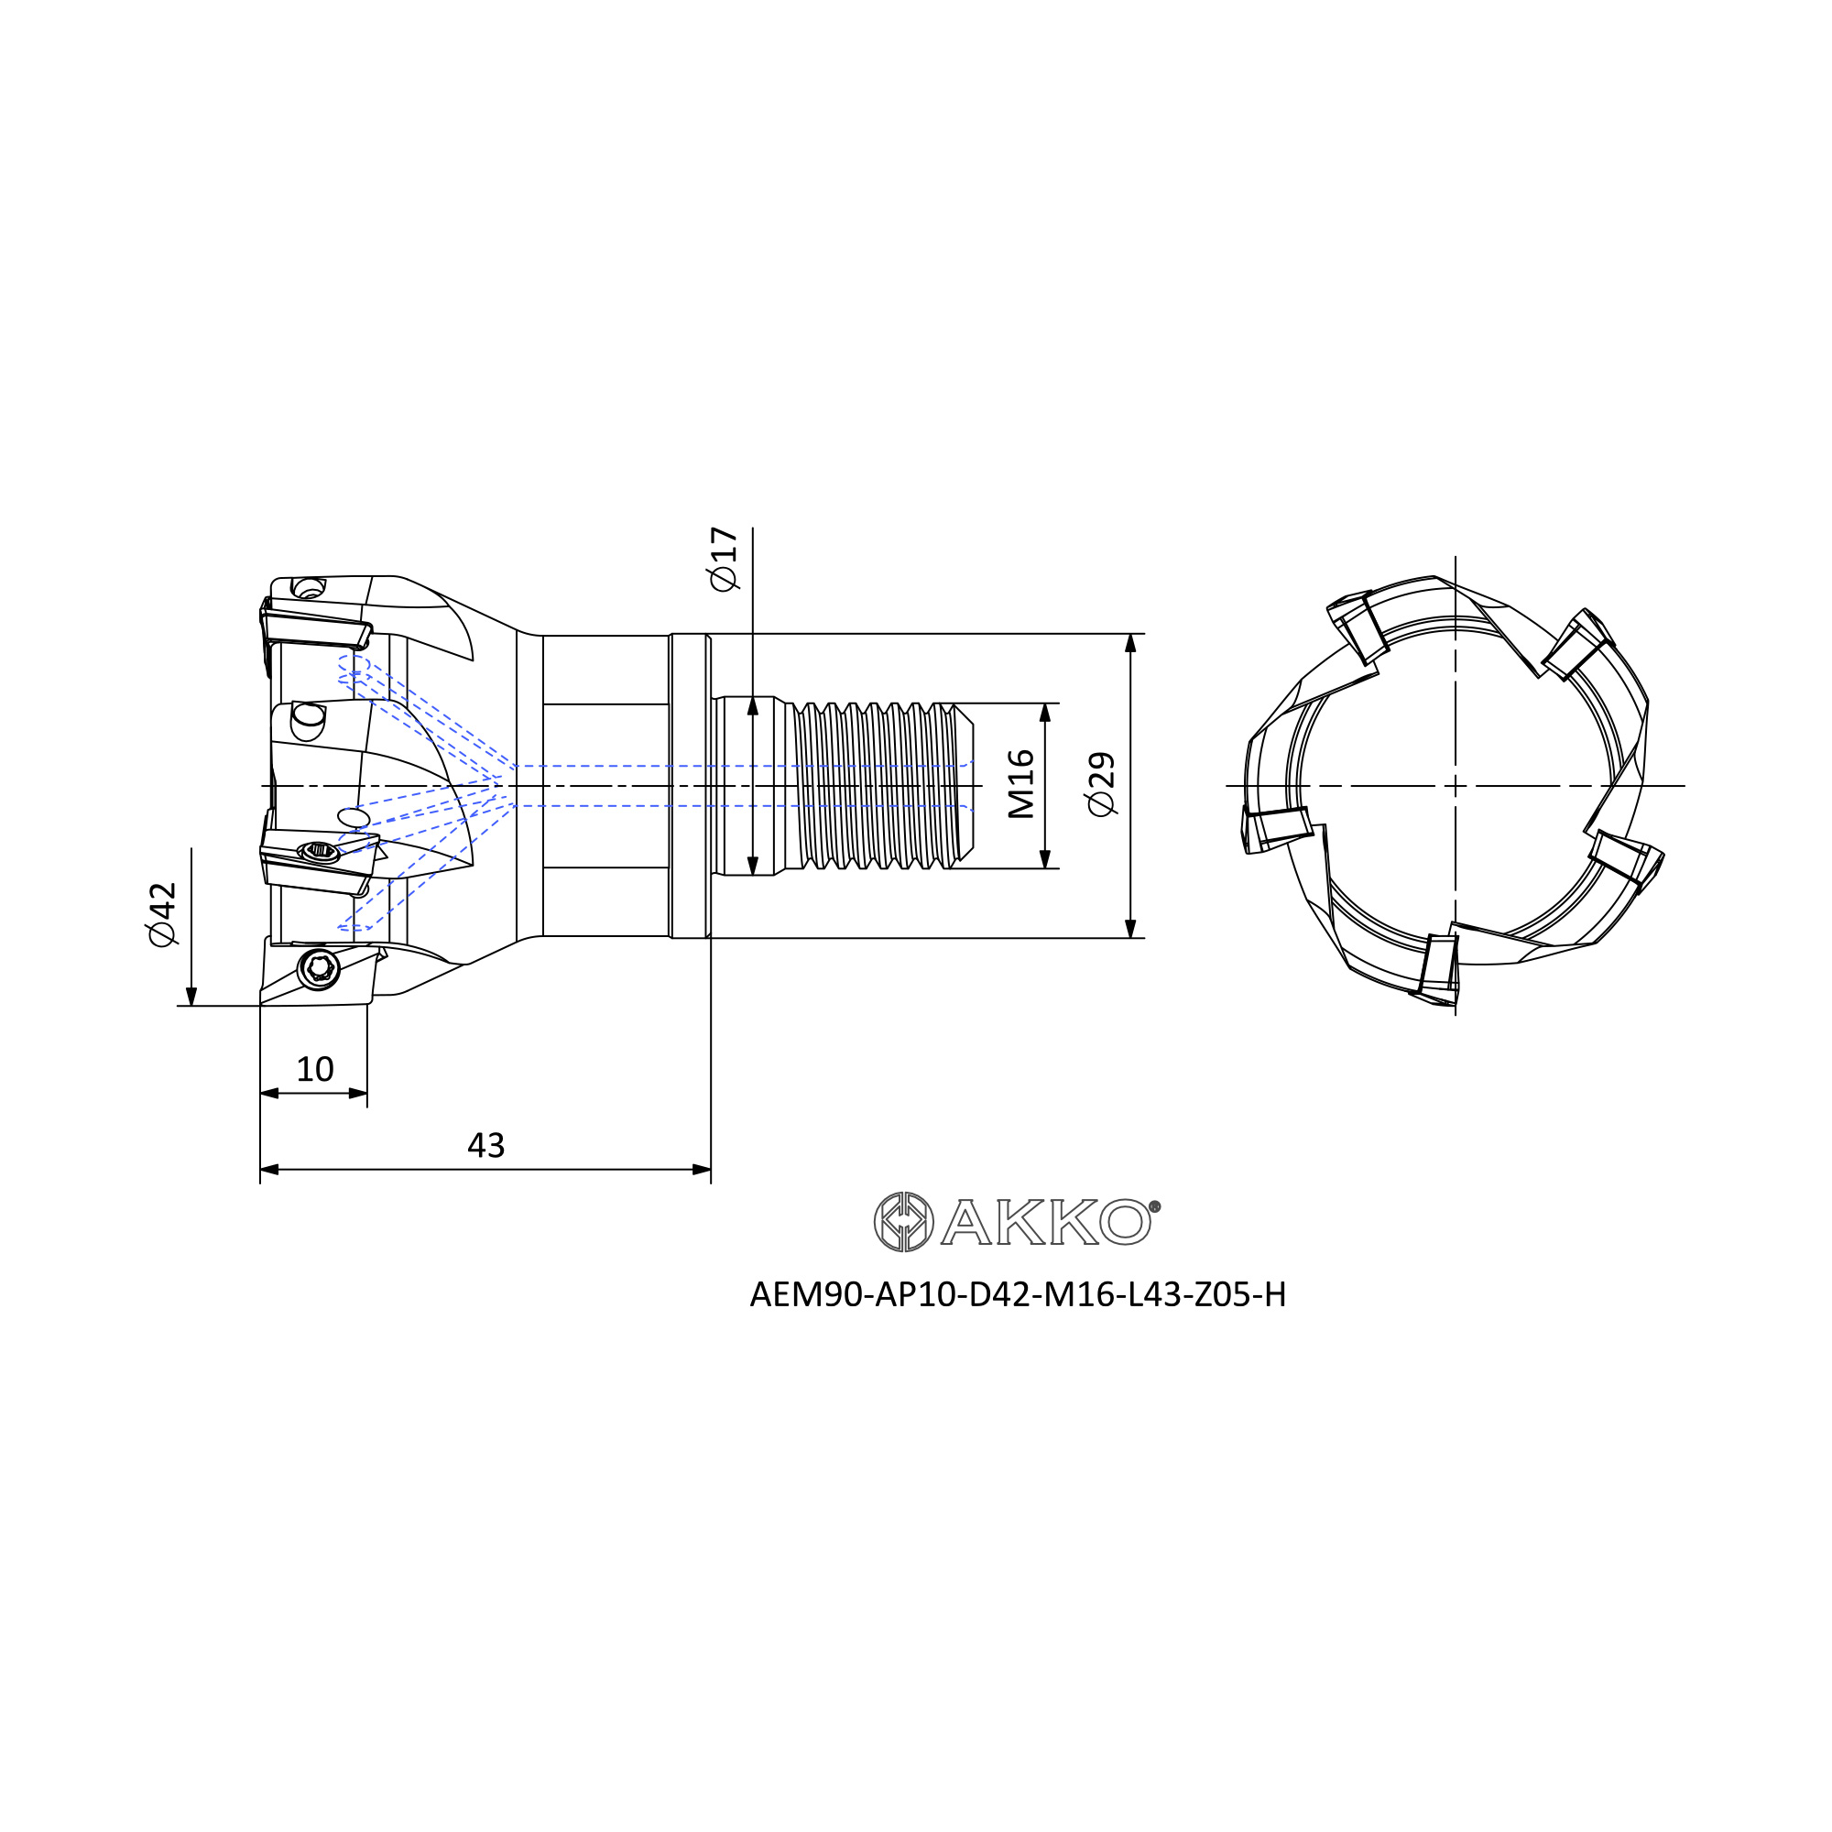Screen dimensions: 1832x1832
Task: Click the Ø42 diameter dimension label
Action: (x=162, y=914)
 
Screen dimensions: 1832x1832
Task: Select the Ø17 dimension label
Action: (x=723, y=560)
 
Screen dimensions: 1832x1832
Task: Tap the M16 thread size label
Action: (x=1020, y=784)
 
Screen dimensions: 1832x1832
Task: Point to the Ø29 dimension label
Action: (x=1101, y=784)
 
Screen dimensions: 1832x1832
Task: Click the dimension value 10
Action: (x=315, y=1070)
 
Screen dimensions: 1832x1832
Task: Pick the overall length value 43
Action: (x=485, y=1146)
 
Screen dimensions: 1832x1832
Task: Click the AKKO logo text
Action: (x=1046, y=1222)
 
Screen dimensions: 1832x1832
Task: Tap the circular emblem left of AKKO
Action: (x=904, y=1221)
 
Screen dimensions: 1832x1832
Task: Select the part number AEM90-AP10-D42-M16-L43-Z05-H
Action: (x=1018, y=1294)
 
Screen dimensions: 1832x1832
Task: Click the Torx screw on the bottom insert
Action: (x=319, y=968)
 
